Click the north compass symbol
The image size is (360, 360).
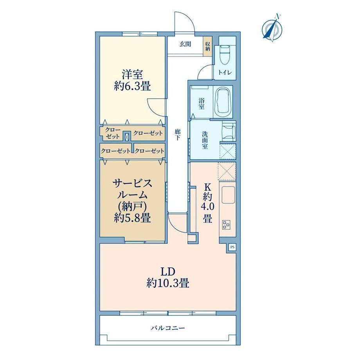[272, 28]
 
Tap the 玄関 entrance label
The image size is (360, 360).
[185, 44]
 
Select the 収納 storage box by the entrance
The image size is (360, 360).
[207, 46]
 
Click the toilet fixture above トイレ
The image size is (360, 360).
[225, 55]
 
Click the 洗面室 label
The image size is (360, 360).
[205, 140]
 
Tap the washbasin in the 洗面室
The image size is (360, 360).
[229, 132]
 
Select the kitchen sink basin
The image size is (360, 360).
[228, 195]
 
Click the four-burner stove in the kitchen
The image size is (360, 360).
[226, 224]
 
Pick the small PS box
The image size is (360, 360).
[232, 247]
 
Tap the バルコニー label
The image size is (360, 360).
[168, 328]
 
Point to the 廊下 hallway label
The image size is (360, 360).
[177, 135]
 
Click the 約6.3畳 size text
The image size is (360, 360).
[132, 86]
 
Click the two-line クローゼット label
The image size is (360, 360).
[113, 133]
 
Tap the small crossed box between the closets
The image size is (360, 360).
[127, 137]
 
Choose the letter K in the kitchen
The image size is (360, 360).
[207, 187]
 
